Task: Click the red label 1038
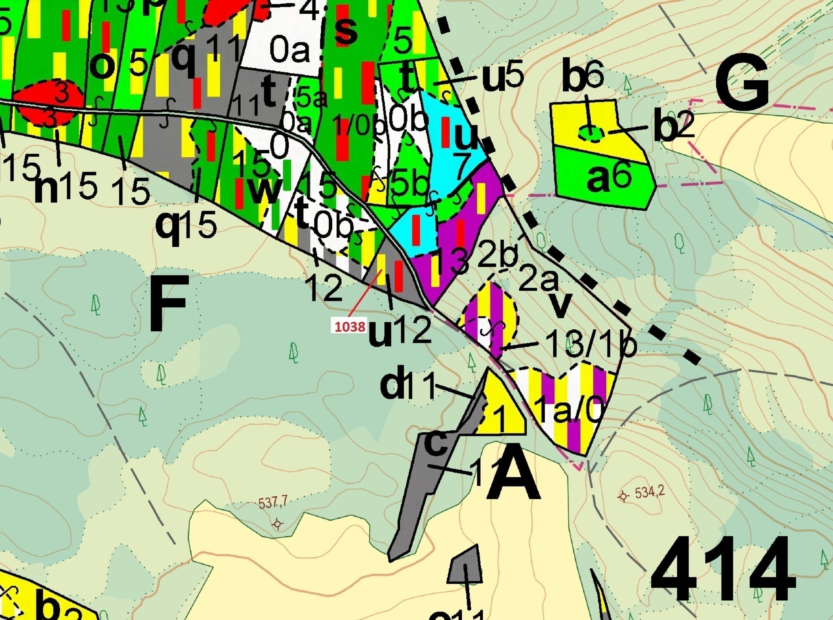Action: pyautogui.click(x=350, y=326)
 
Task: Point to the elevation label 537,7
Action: pyautogui.click(x=273, y=502)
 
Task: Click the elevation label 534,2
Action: pyautogui.click(x=649, y=493)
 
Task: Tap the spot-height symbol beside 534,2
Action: pyautogui.click(x=623, y=497)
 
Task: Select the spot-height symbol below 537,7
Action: pyautogui.click(x=277, y=524)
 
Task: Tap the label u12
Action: pyautogui.click(x=400, y=331)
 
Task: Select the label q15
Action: pyautogui.click(x=186, y=226)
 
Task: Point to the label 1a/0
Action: pyautogui.click(x=568, y=410)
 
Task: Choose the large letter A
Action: pyautogui.click(x=513, y=478)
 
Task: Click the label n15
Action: pyautogui.click(x=66, y=187)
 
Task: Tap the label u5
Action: pyautogui.click(x=503, y=77)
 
